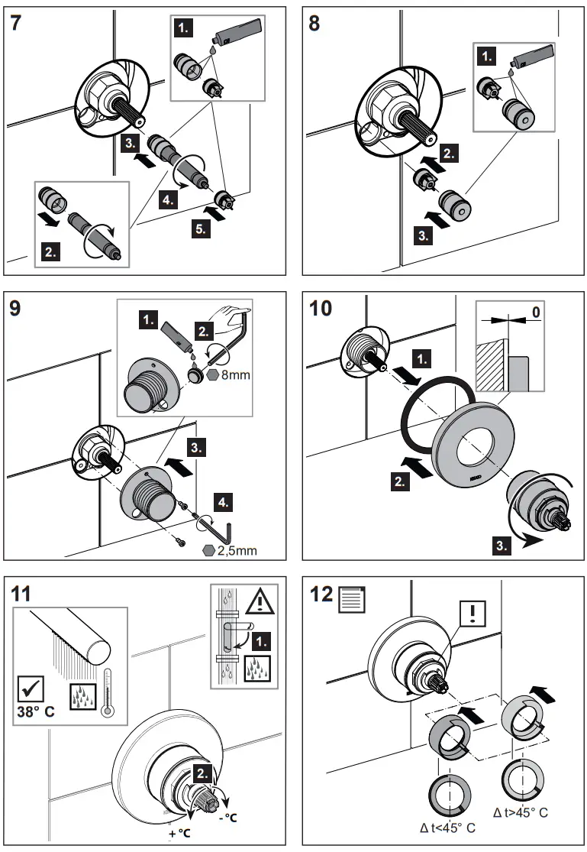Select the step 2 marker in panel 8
click(x=450, y=153)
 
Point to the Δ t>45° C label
click(x=521, y=812)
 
